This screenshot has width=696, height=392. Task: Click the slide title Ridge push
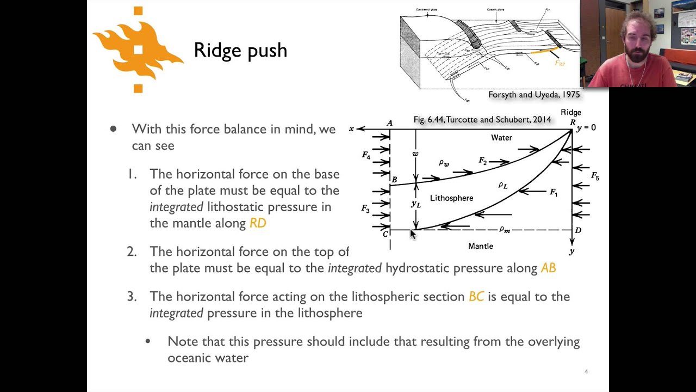click(x=240, y=50)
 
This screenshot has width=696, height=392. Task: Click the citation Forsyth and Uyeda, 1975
click(x=534, y=95)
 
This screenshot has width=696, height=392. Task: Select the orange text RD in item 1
click(x=258, y=223)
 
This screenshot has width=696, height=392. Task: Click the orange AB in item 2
click(x=548, y=268)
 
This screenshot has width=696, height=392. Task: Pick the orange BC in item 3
click(x=476, y=297)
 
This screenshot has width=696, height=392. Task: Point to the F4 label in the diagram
click(x=366, y=156)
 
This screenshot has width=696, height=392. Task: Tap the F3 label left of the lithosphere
click(x=365, y=209)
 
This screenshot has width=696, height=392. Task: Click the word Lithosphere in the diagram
click(x=451, y=198)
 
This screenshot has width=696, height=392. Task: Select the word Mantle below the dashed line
click(x=481, y=246)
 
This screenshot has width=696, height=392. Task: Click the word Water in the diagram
click(x=501, y=138)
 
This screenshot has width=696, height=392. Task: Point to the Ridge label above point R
click(x=571, y=113)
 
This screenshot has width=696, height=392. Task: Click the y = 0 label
click(x=586, y=127)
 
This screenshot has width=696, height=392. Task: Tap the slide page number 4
click(x=586, y=372)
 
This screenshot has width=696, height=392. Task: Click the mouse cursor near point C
click(x=412, y=234)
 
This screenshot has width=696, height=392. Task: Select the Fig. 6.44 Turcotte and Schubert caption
click(x=482, y=120)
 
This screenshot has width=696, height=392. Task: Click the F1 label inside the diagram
click(x=554, y=192)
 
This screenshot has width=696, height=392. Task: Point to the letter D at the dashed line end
click(x=578, y=230)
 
